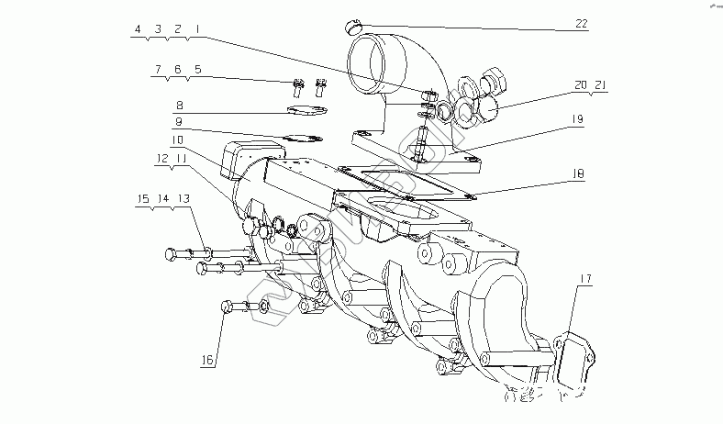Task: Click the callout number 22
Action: pyautogui.click(x=580, y=25)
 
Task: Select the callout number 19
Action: pyautogui.click(x=577, y=118)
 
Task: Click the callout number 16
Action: pyautogui.click(x=208, y=361)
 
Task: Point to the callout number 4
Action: pyautogui.click(x=138, y=29)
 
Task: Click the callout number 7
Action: pyautogui.click(x=158, y=69)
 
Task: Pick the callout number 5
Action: pyautogui.click(x=197, y=69)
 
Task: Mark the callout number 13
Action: pyautogui.click(x=184, y=197)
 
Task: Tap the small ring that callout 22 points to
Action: pyautogui.click(x=354, y=23)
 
